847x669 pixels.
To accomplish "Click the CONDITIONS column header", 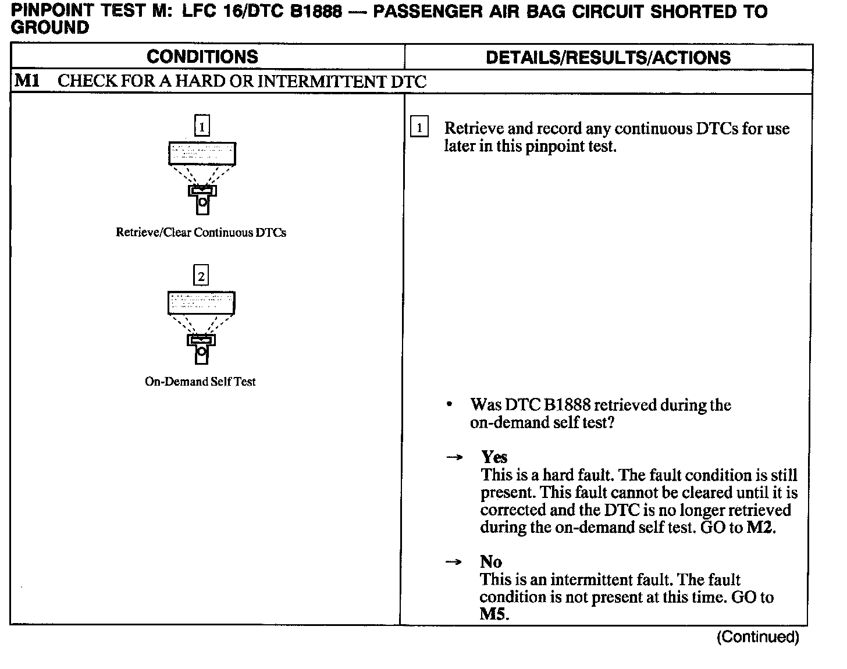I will click(x=202, y=56).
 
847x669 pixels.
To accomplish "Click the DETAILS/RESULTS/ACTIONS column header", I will click(x=608, y=57).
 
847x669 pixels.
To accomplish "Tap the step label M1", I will click(x=27, y=80).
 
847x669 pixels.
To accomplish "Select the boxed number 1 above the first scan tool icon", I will click(x=201, y=126).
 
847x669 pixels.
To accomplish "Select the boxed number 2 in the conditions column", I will click(x=201, y=275).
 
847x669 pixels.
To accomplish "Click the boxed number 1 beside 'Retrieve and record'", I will click(x=419, y=127).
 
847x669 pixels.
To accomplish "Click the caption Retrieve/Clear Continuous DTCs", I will click(x=201, y=233).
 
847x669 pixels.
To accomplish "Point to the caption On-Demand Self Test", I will click(x=200, y=382).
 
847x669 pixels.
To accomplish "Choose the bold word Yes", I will click(x=494, y=457).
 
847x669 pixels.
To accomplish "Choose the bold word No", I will click(x=491, y=561).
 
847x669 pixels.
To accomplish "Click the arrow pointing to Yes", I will click(x=454, y=458).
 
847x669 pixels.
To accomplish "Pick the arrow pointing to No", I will click(x=454, y=562).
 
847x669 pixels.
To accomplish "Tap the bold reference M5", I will click(x=493, y=614).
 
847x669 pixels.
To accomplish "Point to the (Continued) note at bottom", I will click(x=757, y=637).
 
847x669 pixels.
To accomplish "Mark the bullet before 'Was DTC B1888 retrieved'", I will click(x=449, y=404).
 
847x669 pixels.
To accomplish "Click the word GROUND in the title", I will click(x=50, y=27).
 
